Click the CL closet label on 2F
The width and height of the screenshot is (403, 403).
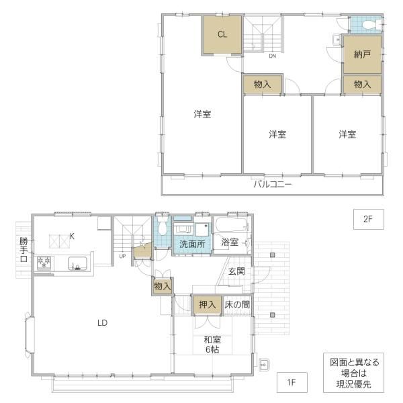(222, 34)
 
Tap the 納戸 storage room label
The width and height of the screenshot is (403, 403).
(362, 54)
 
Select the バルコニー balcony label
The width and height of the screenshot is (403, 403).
(273, 184)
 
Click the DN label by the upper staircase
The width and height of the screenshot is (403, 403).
(273, 56)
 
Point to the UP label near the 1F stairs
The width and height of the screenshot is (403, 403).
(122, 256)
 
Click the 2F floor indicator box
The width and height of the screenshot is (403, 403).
(369, 219)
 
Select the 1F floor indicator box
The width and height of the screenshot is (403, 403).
(292, 382)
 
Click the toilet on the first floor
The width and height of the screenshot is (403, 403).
(162, 226)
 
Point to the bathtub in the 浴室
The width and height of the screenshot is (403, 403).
(232, 226)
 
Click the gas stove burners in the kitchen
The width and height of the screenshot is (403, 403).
(44, 263)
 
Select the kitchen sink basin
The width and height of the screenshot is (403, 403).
(77, 263)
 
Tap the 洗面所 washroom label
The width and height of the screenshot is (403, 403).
(192, 244)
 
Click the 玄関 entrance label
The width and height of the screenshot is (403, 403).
(236, 271)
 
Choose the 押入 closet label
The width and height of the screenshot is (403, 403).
(208, 305)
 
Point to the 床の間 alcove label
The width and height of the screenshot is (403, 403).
(237, 305)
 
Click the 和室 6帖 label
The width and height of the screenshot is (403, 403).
(212, 345)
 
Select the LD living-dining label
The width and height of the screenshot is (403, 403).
(102, 322)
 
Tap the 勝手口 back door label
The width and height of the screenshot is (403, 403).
(24, 250)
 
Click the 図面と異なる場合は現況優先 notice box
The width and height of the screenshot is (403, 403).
(354, 373)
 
